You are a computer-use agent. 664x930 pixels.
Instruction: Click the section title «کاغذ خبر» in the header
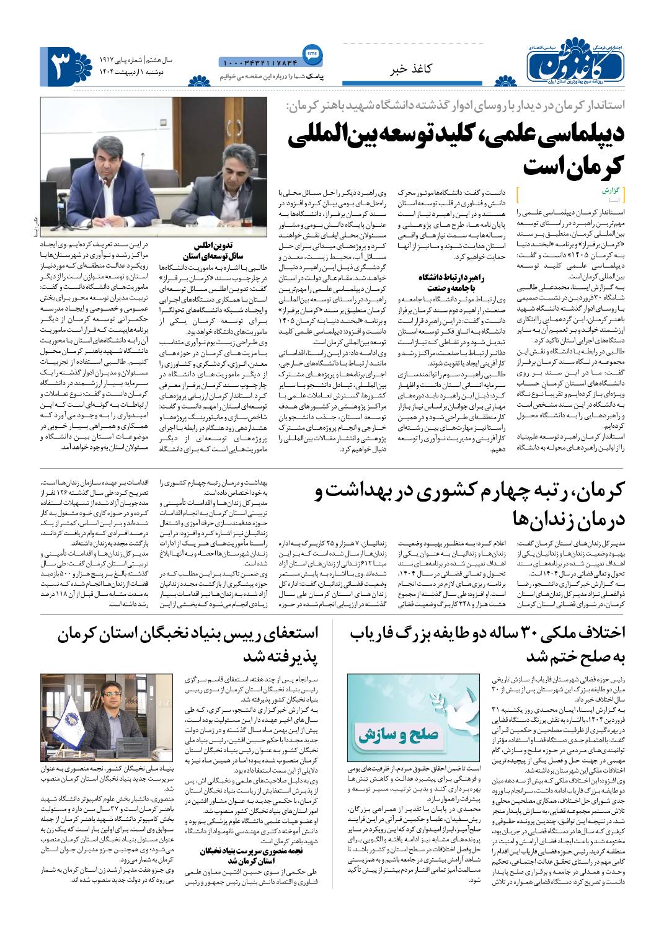tap(410, 69)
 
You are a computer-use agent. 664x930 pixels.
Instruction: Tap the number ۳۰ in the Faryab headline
tap(523, 633)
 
